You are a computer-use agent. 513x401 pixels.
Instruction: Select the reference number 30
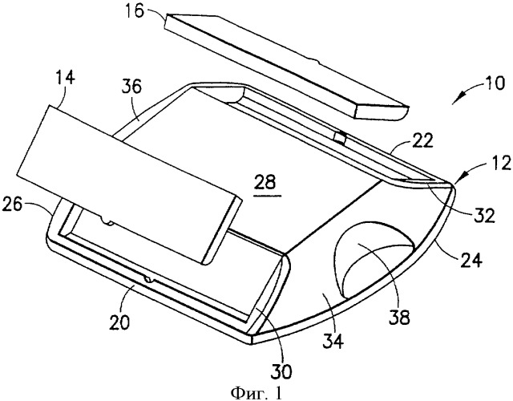[x=279, y=371]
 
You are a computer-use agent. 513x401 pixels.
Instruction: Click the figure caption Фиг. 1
[x=256, y=391]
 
